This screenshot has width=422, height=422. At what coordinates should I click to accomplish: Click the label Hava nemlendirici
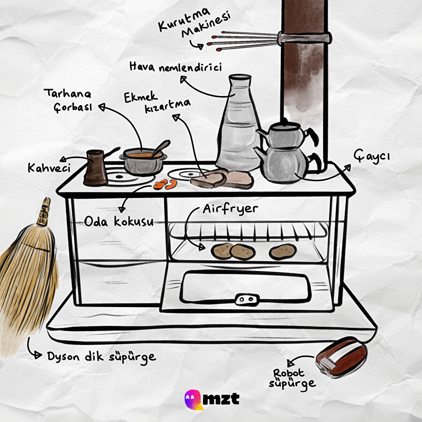(x=175, y=67)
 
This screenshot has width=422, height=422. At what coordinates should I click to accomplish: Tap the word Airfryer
(x=230, y=209)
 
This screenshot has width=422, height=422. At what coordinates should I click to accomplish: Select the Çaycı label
(x=372, y=156)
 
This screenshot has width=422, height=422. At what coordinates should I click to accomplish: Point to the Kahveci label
(x=49, y=168)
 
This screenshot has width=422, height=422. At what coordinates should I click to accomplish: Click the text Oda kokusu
(x=119, y=221)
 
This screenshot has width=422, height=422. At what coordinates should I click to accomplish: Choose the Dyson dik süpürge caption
(x=101, y=357)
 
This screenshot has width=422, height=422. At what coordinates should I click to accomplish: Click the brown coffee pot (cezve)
(x=96, y=168)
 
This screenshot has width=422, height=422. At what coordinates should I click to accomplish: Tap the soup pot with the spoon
(x=143, y=161)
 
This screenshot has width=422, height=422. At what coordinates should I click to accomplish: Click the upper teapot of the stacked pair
(x=285, y=134)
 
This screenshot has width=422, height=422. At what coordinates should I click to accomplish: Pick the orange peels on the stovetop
(x=165, y=184)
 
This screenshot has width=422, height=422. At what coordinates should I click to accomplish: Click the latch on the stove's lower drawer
(x=247, y=299)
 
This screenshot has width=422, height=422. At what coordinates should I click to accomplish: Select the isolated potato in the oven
(x=283, y=252)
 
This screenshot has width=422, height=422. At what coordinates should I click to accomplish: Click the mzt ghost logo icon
(x=193, y=399)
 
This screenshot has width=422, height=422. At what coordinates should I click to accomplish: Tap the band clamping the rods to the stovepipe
(x=304, y=38)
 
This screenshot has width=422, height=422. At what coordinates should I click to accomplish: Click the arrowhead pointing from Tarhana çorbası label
(x=101, y=107)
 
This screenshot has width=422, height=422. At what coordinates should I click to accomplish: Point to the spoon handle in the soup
(x=161, y=148)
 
